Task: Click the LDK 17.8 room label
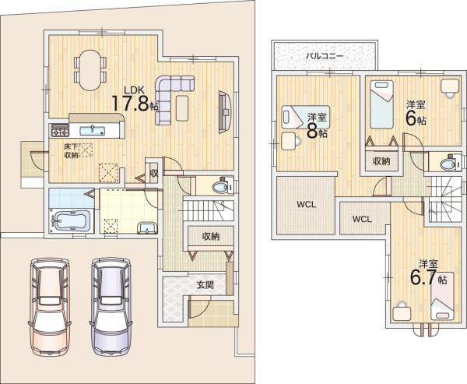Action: click(135, 99)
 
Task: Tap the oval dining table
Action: click(90, 70)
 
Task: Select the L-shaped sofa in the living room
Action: click(170, 96)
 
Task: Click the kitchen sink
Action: click(92, 131)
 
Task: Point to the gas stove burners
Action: click(60, 130)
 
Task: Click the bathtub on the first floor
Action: click(72, 221)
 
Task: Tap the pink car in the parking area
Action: click(50, 307)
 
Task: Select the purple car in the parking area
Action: click(111, 307)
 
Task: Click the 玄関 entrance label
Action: click(205, 285)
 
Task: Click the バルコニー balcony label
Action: click(325, 56)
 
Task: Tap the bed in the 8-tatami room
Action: click(304, 117)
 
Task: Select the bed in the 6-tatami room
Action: click(381, 104)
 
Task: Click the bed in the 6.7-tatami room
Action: click(442, 296)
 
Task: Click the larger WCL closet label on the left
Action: click(306, 205)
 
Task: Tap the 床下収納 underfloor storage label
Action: click(71, 150)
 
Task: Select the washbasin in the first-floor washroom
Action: click(147, 228)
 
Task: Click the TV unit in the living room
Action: click(225, 112)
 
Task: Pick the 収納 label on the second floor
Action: click(381, 161)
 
